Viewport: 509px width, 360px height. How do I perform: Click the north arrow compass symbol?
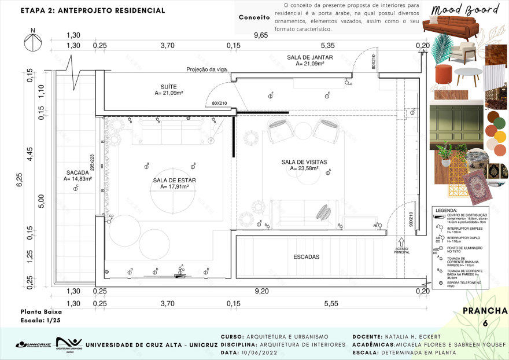click(x=32, y=44)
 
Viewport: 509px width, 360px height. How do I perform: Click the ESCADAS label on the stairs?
click(x=306, y=256)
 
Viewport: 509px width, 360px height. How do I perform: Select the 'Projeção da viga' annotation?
click(x=206, y=69)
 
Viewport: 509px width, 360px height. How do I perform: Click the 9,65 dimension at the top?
click(x=261, y=35)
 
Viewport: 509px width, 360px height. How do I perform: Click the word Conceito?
click(x=254, y=17)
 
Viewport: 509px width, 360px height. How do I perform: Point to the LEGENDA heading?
click(x=445, y=211)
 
